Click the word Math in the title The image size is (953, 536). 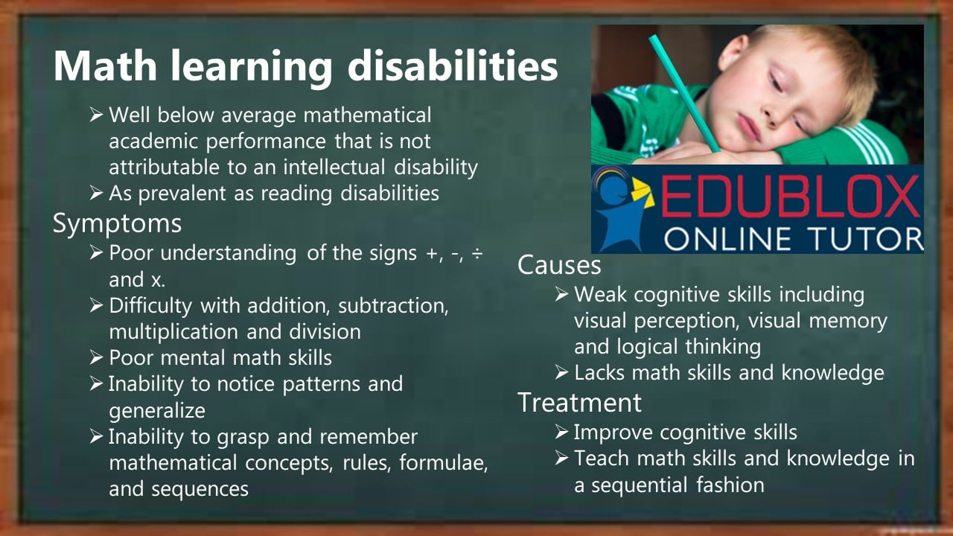click(105, 66)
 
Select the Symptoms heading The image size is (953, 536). click(117, 223)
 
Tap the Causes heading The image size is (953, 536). click(559, 264)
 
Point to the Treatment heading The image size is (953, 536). click(579, 402)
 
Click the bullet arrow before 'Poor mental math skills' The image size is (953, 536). click(96, 358)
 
